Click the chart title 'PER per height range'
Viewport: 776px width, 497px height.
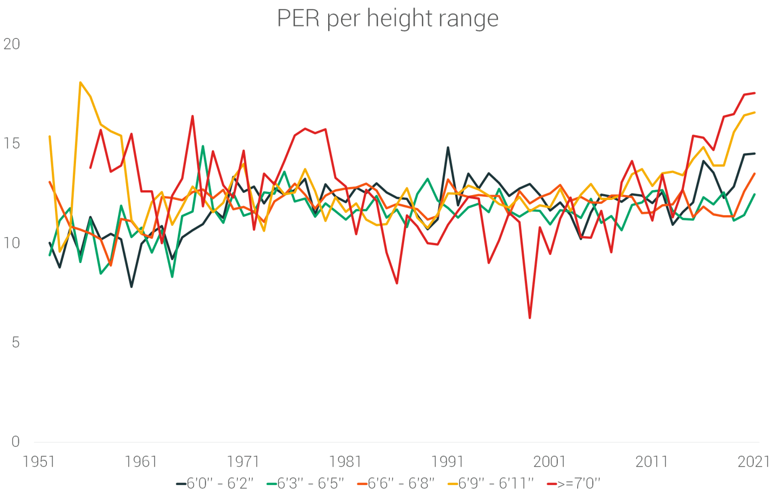point(387,18)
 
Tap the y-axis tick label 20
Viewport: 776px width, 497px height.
point(12,44)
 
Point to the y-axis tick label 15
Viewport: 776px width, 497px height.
point(12,143)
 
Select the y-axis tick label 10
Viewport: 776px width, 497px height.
point(12,243)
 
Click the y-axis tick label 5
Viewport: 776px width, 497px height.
point(15,342)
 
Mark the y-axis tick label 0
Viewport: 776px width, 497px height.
point(15,441)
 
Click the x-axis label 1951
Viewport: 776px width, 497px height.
point(39,462)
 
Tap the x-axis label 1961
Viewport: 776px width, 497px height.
point(141,462)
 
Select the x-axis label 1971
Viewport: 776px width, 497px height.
point(243,462)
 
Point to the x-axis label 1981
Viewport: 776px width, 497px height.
point(345,462)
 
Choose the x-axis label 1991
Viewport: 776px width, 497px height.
point(447,462)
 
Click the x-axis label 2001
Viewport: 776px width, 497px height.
point(550,462)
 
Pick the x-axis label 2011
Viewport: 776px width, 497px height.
point(652,462)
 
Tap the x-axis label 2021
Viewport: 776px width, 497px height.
point(753,462)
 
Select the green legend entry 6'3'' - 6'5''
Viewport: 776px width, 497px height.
point(305,484)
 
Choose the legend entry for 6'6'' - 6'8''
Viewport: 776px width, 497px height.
point(396,484)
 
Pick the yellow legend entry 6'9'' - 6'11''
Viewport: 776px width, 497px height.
point(490,484)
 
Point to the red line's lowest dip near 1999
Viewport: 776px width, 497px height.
point(530,317)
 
